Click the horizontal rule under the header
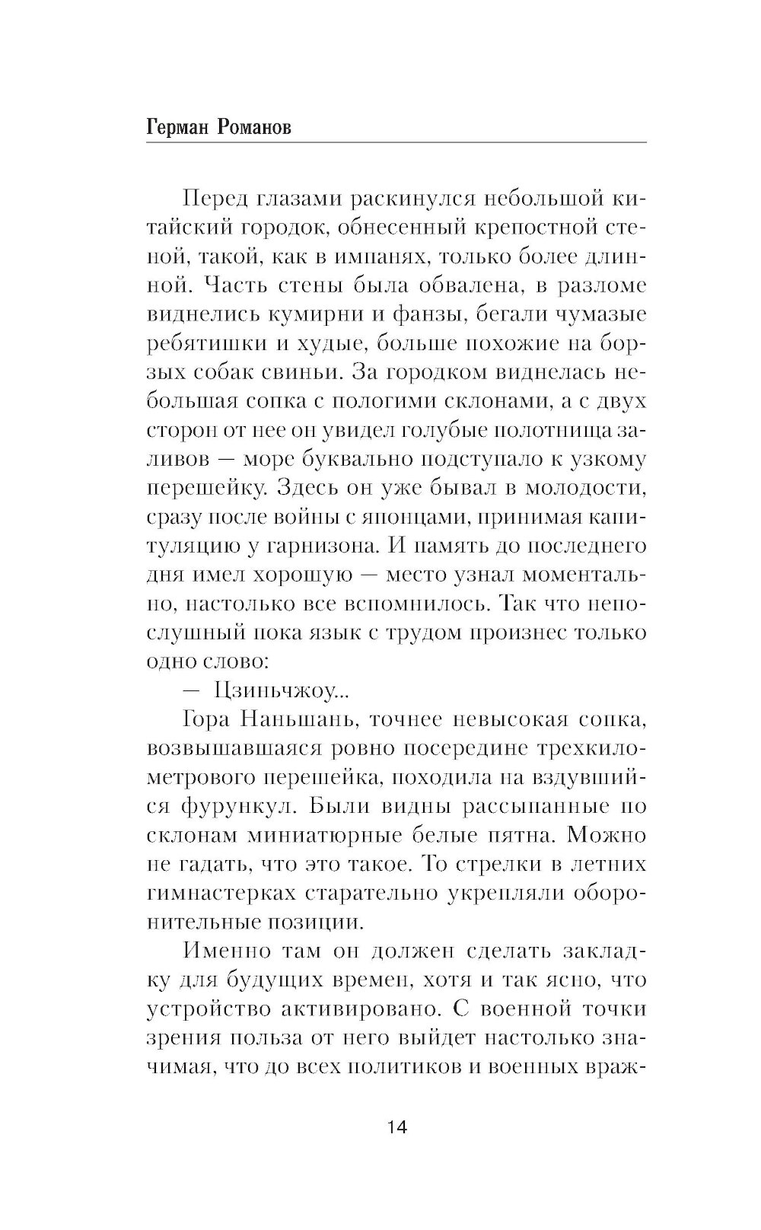click(395, 142)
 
